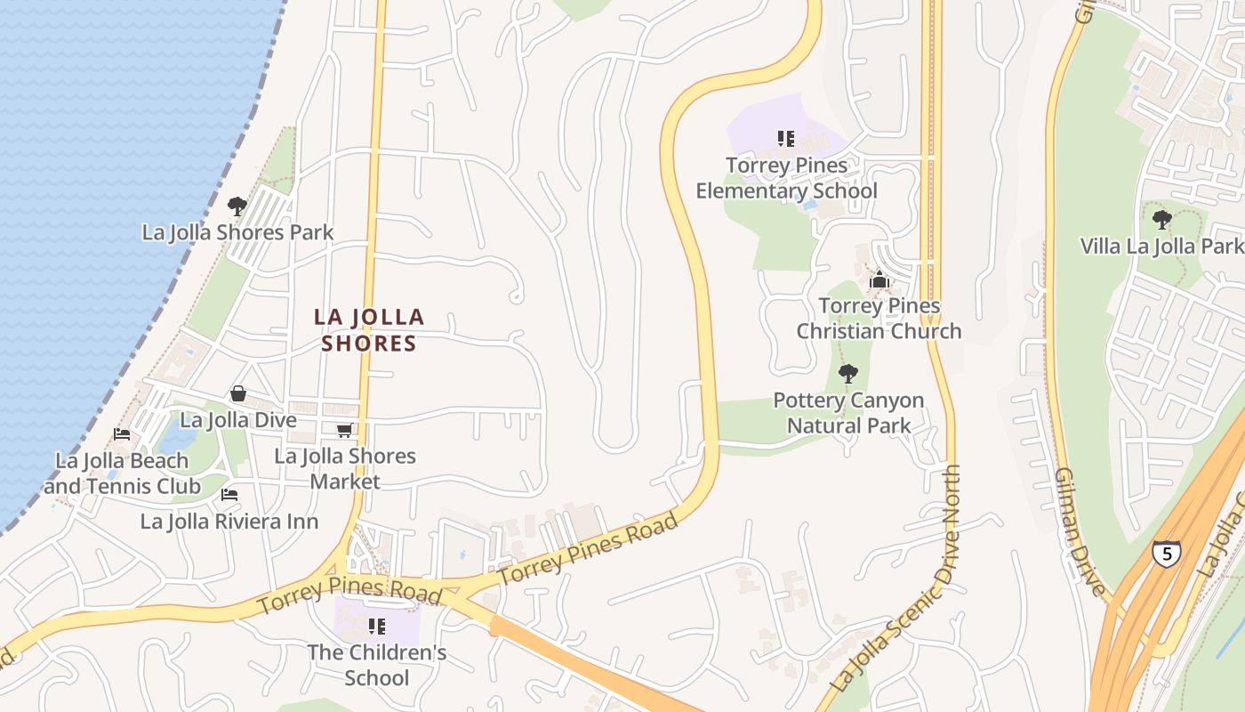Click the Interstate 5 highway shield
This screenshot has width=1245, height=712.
[x=1167, y=553]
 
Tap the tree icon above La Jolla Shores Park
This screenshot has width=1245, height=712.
[x=237, y=206]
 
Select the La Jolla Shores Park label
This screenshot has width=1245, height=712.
[x=238, y=232]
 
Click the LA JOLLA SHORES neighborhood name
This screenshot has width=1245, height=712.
[x=369, y=330]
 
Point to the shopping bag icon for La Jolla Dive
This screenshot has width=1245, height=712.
[x=238, y=393]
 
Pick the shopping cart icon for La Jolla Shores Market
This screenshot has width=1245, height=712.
[x=345, y=431]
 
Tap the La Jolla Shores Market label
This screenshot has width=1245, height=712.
[x=345, y=468]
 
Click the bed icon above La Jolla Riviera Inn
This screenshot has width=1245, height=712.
[x=229, y=495]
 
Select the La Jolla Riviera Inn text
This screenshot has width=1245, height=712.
[x=229, y=522]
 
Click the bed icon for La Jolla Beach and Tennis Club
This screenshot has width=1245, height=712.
[x=122, y=434]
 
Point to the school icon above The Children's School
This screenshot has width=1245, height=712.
[x=377, y=627]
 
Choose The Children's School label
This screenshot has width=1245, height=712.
[x=377, y=665]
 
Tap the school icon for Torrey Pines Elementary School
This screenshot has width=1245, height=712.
[x=786, y=139]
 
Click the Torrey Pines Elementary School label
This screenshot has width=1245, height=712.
[x=786, y=178]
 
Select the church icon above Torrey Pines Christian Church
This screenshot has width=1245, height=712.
[x=880, y=280]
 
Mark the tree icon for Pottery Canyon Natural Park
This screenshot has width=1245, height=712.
[x=848, y=374]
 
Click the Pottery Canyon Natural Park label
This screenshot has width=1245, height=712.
[x=848, y=413]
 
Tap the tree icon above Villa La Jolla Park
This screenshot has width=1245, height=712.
[x=1161, y=219]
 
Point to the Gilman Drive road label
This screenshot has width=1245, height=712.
[x=1080, y=530]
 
